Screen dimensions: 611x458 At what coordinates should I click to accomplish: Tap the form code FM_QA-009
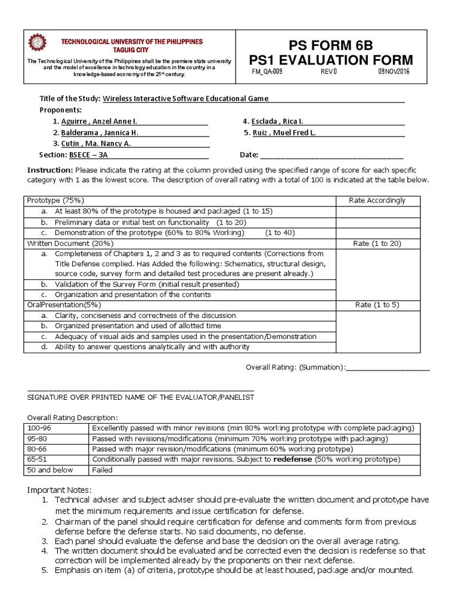pos(268,71)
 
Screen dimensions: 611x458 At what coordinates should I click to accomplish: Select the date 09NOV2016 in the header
pos(394,71)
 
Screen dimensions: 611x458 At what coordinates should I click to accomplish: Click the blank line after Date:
pos(332,155)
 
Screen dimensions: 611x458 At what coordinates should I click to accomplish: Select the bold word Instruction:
pos(49,170)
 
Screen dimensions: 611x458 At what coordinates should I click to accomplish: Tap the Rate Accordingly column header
pos(377,200)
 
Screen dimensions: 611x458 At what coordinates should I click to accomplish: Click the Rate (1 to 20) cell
pos(377,243)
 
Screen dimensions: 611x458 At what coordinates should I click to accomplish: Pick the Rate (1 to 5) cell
pos(377,305)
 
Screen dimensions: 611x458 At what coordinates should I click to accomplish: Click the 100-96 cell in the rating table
pos(38,428)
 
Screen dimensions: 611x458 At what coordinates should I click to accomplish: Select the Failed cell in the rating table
pos(103,470)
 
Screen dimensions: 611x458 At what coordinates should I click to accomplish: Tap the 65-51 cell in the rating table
pos(36,459)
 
